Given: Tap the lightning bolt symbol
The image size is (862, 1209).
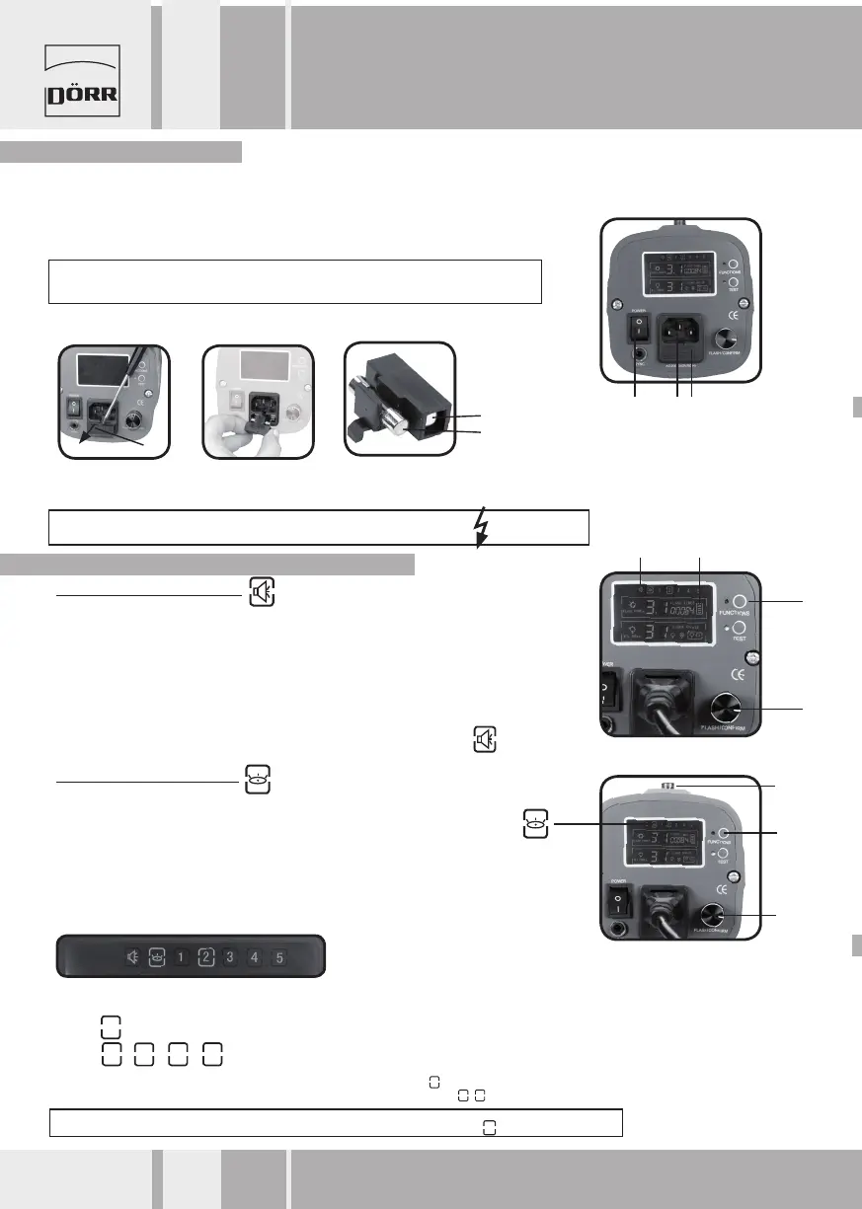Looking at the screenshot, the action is (481, 528).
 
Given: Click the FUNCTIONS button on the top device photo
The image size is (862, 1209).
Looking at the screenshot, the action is (734, 265).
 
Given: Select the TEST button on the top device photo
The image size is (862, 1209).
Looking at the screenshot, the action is (734, 282).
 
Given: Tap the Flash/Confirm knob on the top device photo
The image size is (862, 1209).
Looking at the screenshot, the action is (732, 338).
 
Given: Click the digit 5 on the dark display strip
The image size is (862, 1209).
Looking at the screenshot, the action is (278, 956).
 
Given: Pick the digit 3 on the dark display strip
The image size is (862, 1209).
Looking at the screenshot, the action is (229, 956).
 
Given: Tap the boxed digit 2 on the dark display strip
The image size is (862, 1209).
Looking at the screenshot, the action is (205, 956).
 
